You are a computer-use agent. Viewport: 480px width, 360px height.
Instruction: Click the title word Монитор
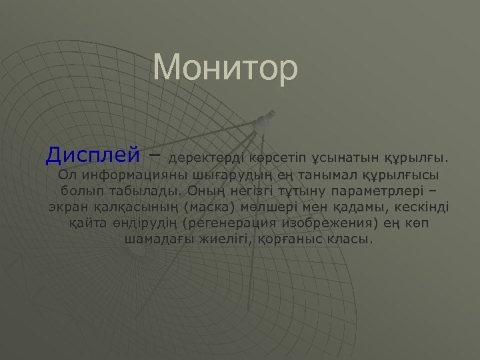[x=225, y=68]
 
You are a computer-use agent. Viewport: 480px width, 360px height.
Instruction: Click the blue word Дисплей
[x=93, y=155]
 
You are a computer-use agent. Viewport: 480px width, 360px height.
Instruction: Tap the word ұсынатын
[x=347, y=159]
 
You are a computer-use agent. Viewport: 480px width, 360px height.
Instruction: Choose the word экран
[x=66, y=207]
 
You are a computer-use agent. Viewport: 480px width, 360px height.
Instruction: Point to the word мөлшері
[x=269, y=207]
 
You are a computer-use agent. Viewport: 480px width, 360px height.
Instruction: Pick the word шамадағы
[x=159, y=238]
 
